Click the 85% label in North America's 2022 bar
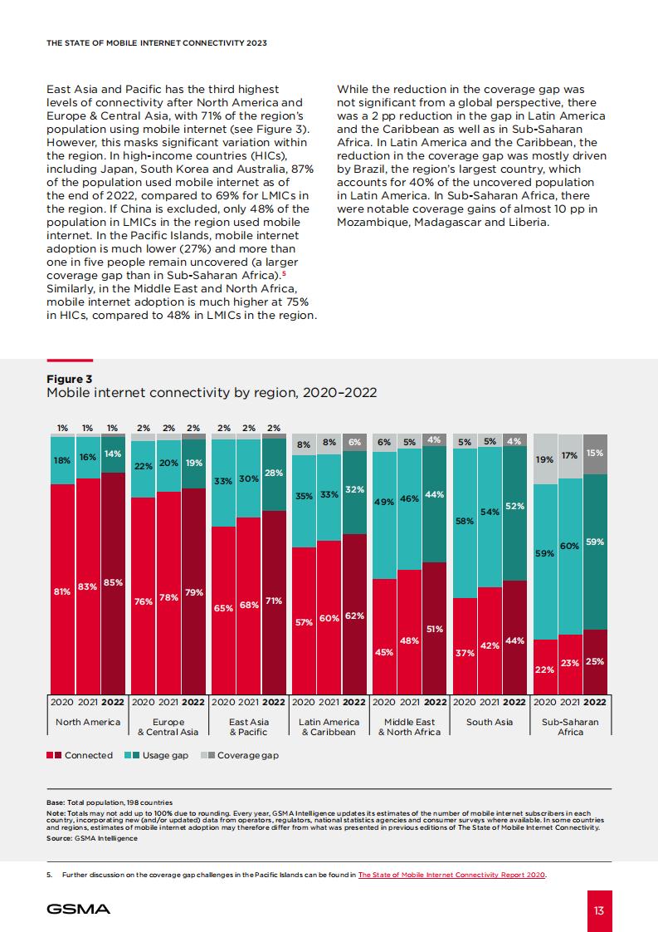(x=113, y=582)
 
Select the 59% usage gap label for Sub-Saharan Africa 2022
(x=595, y=542)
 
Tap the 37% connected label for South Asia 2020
(x=465, y=653)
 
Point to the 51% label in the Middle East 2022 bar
(x=435, y=629)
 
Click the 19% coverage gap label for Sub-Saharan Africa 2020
(x=544, y=459)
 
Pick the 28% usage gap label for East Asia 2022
(x=274, y=473)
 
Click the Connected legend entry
(x=80, y=755)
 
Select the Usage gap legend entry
(x=156, y=755)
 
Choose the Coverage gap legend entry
(x=239, y=755)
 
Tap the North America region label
(x=88, y=722)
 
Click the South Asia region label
(x=490, y=722)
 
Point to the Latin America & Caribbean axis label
(x=329, y=727)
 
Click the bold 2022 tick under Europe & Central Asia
(x=193, y=702)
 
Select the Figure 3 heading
(x=70, y=379)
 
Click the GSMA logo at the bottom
(x=78, y=909)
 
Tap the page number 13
(x=598, y=910)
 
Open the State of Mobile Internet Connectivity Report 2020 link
(x=452, y=875)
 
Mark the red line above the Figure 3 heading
(x=70, y=361)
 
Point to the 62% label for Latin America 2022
(x=354, y=616)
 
